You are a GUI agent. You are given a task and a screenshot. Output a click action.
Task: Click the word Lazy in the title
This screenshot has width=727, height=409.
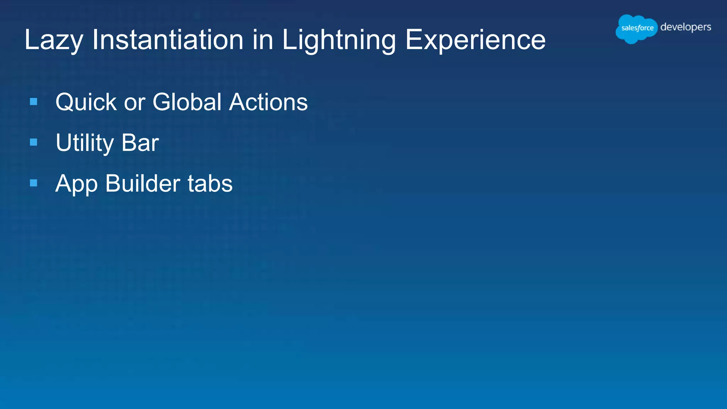click(54, 40)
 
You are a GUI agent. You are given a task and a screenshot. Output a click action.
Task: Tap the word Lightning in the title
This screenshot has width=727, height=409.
click(339, 40)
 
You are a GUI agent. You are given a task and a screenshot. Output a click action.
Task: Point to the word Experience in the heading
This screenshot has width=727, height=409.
click(475, 40)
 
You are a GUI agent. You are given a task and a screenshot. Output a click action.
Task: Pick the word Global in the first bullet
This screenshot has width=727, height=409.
click(187, 102)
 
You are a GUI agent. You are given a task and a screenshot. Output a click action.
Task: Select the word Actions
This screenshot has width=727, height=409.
click(268, 102)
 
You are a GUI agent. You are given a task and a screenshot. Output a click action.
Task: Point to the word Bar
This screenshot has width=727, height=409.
click(140, 143)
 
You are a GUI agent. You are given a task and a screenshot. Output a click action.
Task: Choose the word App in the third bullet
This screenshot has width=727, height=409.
click(76, 184)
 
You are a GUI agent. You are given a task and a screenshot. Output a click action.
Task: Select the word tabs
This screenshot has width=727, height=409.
click(210, 184)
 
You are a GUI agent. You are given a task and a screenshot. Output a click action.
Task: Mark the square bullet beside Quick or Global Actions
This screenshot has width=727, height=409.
click(34, 102)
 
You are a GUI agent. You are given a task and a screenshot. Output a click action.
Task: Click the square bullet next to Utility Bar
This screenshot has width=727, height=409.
click(34, 142)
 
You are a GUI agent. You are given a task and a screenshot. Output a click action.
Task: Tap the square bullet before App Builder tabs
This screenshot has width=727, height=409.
click(34, 183)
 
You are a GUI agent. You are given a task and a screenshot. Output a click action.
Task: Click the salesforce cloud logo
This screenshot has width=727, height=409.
click(636, 28)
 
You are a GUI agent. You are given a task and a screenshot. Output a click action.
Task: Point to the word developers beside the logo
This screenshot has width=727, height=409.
click(685, 27)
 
